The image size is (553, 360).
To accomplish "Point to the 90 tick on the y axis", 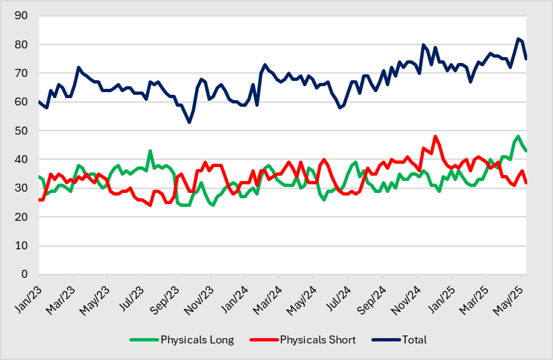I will click(23, 16).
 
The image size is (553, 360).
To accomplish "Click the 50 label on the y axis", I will click(23, 131).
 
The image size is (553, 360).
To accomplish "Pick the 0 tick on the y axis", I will click(26, 274).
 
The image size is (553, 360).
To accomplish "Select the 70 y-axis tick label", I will click(23, 74).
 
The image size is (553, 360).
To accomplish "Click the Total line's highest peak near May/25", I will click(518, 38).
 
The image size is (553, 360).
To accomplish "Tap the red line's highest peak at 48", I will click(435, 137).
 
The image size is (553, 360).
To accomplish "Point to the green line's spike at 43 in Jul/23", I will click(151, 151).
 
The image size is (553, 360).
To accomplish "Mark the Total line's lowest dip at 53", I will click(189, 122).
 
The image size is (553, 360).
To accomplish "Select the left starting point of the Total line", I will click(39, 101).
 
